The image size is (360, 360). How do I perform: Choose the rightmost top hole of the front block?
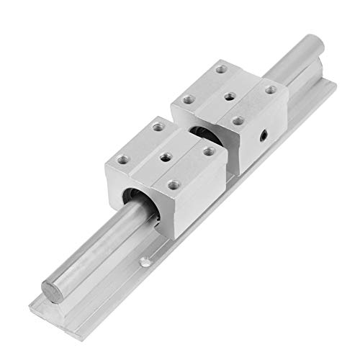(x=209, y=150)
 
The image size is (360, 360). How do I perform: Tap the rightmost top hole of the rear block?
(x=270, y=89)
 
